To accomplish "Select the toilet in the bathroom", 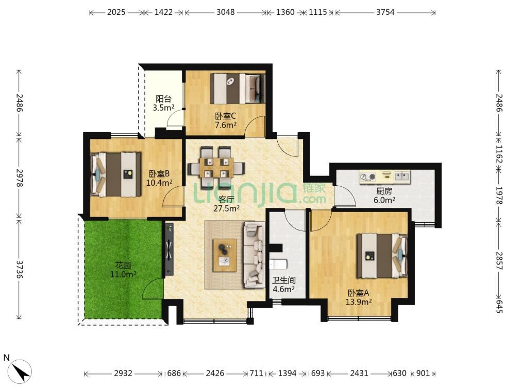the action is pyautogui.click(x=278, y=264).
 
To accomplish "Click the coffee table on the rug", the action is pyautogui.click(x=225, y=255).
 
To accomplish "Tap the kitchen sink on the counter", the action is pyautogui.click(x=402, y=176).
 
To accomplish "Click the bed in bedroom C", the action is pyautogui.click(x=238, y=88).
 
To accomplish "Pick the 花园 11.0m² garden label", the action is pyautogui.click(x=123, y=270).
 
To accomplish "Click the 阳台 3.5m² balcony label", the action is pyautogui.click(x=163, y=103).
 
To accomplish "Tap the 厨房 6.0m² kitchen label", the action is pyautogui.click(x=384, y=195).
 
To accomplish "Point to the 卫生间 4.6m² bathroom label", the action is pyautogui.click(x=283, y=285).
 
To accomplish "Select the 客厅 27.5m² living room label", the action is pyautogui.click(x=226, y=204).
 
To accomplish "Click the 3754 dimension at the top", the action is pyautogui.click(x=385, y=12).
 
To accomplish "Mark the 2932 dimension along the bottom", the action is pyautogui.click(x=123, y=374).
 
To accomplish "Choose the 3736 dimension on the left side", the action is pyautogui.click(x=19, y=269).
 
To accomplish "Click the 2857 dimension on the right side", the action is pyautogui.click(x=499, y=260).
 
